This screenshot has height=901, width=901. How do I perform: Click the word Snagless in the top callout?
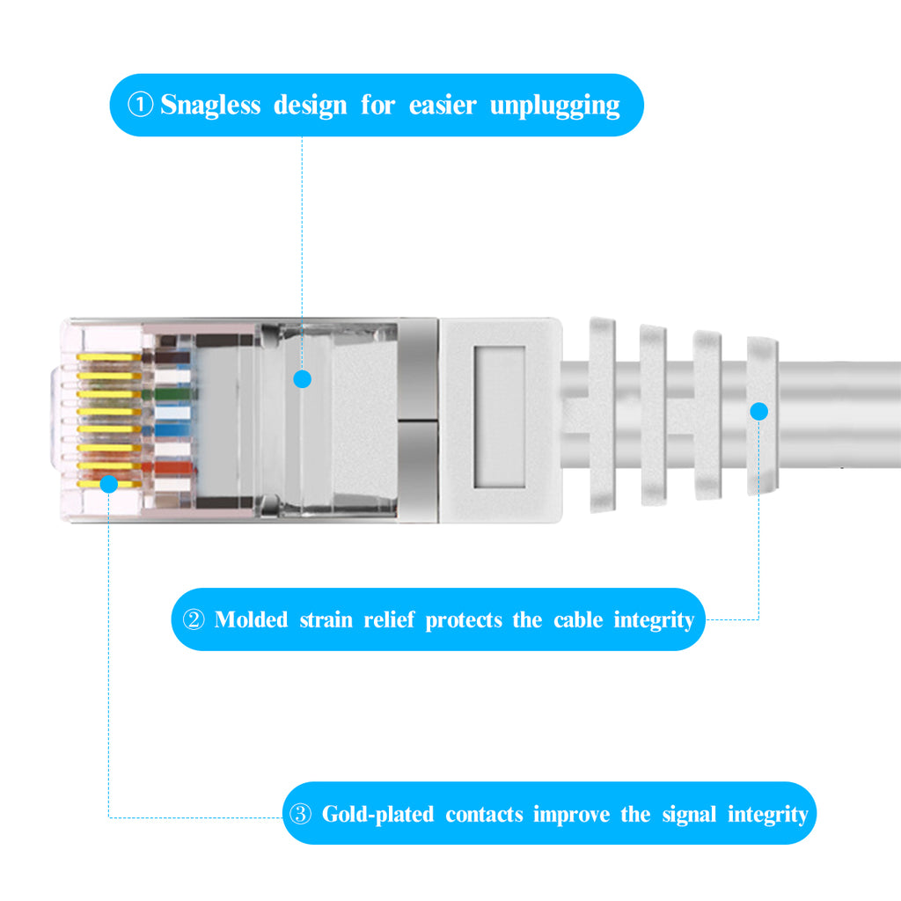click(210, 106)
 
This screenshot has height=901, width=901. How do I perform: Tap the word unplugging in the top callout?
click(554, 106)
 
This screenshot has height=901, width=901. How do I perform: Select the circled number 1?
click(140, 106)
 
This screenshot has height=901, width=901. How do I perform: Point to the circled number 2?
click(193, 619)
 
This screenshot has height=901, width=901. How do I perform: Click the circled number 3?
click(300, 814)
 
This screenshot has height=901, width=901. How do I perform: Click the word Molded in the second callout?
click(251, 619)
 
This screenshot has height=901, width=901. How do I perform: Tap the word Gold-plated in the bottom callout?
click(377, 814)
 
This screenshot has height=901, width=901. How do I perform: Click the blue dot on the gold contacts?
click(108, 483)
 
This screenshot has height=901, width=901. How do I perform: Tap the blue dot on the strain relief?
click(759, 411)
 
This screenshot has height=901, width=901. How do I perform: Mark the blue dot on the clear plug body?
click(303, 379)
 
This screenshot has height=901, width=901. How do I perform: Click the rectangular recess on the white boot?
click(499, 415)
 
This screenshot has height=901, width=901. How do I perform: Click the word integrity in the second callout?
click(654, 619)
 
